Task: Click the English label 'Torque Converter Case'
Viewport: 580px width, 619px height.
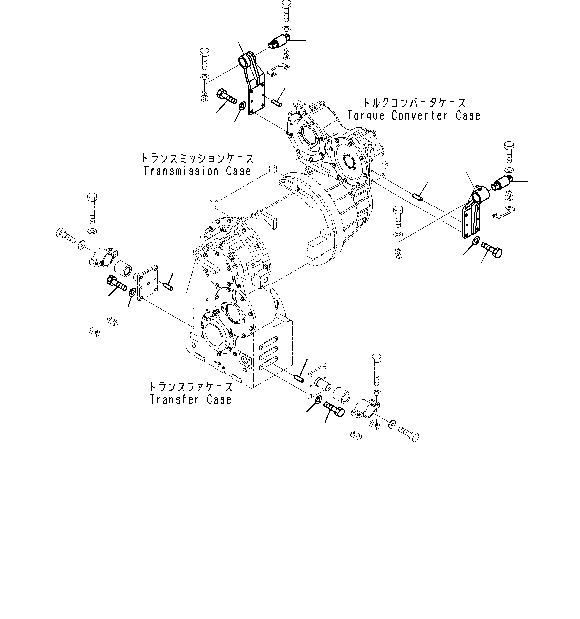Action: [x=413, y=116]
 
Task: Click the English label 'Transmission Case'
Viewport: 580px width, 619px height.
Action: [x=196, y=171]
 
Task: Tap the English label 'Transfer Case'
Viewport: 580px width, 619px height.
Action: [x=191, y=399]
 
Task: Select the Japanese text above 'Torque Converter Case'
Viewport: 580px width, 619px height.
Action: [x=414, y=103]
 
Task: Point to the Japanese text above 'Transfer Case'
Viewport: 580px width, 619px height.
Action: [x=191, y=387]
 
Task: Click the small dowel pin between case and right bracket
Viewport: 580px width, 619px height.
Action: [x=418, y=196]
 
